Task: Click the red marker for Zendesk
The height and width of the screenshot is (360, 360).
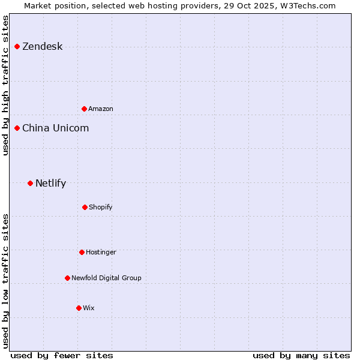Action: coord(17,46)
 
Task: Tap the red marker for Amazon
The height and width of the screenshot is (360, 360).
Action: coord(84,109)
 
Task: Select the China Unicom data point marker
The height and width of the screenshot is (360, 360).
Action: coord(17,128)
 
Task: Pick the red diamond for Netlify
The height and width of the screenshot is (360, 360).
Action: coord(30,183)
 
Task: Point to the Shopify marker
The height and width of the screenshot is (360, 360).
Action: coord(85,207)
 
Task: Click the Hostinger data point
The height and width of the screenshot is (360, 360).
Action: coord(82,252)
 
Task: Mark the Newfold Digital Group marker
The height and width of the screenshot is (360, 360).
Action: coord(67,278)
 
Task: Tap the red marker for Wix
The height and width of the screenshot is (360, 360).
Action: coord(79,308)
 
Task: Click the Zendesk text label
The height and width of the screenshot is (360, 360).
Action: coord(42,47)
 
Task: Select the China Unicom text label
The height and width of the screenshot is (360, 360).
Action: coord(55,128)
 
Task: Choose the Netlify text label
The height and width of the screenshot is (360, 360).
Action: coord(50,184)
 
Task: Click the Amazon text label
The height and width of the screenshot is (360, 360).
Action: coord(101,109)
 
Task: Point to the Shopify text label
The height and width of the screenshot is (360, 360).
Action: coord(101,208)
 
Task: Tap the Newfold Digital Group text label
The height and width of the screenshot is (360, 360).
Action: coord(106,278)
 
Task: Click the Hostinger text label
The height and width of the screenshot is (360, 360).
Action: coord(101,253)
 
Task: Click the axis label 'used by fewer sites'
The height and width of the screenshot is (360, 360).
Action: coord(62,355)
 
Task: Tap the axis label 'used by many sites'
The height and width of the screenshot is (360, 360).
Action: coord(301,355)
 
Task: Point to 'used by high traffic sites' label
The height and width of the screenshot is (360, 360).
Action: coord(5,85)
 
